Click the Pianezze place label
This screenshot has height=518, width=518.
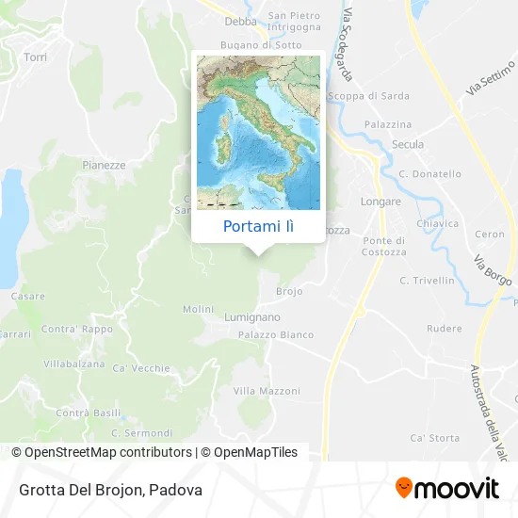104,165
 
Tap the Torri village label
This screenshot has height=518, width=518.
35,57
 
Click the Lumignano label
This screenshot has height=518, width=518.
251,318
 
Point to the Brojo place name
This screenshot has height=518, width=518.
289,292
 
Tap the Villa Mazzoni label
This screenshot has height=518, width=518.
267,391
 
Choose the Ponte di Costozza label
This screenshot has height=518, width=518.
384,247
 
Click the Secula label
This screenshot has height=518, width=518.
408,145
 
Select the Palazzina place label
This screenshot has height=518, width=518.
390,124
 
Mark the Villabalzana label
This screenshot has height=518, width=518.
73,363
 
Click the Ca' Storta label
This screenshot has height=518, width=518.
435,438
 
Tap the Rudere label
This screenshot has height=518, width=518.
444,329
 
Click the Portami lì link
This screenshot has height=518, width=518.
258,227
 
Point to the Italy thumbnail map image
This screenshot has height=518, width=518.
258,132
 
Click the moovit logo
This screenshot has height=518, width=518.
447,488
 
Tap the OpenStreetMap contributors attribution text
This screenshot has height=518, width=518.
101,452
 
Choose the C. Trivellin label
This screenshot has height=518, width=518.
427,281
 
